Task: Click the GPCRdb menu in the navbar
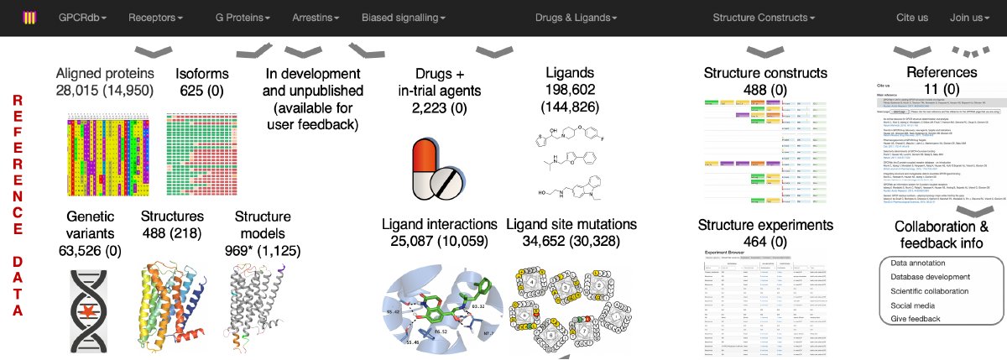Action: pos(82,17)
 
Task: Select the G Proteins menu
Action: pos(243,17)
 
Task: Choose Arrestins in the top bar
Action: pos(316,17)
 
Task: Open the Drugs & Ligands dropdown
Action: pos(576,17)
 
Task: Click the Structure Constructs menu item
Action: pos(763,17)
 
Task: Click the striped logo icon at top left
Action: pos(29,18)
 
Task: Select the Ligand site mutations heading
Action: pos(571,225)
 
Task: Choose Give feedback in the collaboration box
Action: pos(916,319)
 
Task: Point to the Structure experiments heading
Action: pos(764,225)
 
